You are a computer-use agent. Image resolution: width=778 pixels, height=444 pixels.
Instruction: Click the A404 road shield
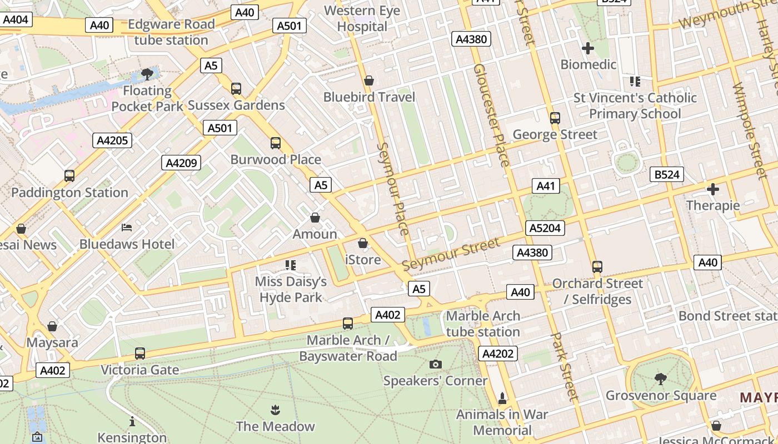pos(16,20)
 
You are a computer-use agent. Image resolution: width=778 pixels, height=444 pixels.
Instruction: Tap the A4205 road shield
pos(112,140)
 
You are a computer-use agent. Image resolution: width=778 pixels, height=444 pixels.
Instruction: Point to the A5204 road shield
pos(545,228)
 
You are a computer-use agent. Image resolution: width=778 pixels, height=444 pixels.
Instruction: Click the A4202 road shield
pos(498,354)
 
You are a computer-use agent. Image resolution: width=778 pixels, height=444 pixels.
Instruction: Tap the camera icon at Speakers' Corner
pos(436,364)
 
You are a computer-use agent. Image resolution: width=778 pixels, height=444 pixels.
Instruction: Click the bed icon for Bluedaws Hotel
pos(127,227)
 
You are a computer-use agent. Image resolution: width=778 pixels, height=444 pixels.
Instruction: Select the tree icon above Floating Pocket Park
pos(147,74)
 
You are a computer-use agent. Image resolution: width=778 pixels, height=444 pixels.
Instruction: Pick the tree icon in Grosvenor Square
pos(661,379)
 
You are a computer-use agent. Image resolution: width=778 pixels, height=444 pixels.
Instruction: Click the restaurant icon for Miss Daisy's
pos(290,265)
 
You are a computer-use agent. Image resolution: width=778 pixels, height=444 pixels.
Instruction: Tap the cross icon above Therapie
pos(712,189)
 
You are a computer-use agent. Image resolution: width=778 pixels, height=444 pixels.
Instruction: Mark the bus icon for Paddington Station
pos(69,176)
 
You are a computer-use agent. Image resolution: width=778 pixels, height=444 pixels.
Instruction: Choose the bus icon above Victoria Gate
pos(140,354)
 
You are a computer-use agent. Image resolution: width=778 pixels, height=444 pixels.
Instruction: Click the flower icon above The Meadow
pos(275,410)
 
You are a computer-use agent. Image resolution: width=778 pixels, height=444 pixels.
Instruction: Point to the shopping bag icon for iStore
pos(363,243)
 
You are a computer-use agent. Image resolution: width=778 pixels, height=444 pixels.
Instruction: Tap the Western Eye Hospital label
pos(362,18)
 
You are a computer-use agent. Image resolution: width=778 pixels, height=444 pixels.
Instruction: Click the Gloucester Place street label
pos(491,115)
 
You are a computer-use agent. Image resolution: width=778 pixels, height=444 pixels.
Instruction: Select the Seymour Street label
pos(451,254)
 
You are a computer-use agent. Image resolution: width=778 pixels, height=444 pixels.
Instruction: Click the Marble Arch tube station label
pos(483,324)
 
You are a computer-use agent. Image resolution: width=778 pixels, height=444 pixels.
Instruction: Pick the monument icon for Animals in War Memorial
pos(502,398)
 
